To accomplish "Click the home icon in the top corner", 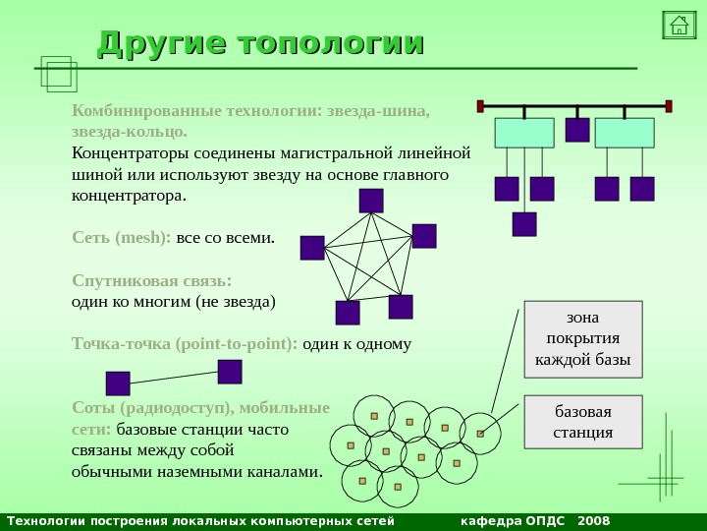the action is point(679,25).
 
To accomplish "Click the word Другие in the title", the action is point(161,44).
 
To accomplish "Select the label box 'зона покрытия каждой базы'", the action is point(583,339).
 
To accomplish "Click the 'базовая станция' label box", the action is point(583,421).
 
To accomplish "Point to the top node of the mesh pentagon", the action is point(371,201).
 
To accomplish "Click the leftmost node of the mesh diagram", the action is point(312,248).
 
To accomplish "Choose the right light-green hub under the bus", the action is point(625,133).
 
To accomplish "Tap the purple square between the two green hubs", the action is point(577,130).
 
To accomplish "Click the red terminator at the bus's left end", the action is point(481,105).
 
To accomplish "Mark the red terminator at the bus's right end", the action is point(669,105).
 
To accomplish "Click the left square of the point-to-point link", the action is point(118,383).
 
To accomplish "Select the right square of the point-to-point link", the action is point(230,371).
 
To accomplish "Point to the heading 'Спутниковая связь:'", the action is point(152,280).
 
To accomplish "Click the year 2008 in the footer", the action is point(594,520).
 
